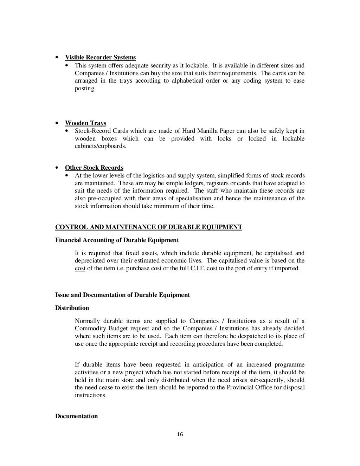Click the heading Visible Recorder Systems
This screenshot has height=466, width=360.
(x=100, y=58)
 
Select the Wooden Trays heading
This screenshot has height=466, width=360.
(x=85, y=123)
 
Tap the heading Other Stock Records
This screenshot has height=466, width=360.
(x=94, y=168)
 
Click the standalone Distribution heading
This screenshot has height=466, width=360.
(x=72, y=308)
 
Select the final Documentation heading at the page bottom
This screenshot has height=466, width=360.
(x=76, y=416)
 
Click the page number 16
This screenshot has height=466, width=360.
(x=180, y=435)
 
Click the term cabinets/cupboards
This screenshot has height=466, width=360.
(x=100, y=146)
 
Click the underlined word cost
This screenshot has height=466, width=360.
(x=80, y=268)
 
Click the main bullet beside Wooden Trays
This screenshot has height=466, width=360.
(x=57, y=123)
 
